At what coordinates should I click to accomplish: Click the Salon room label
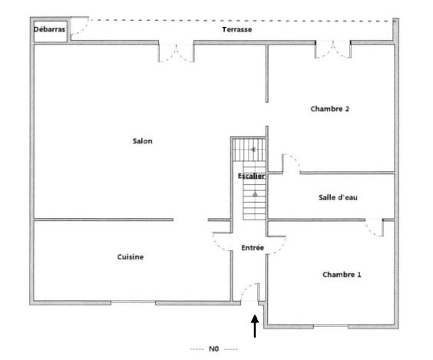click(x=142, y=140)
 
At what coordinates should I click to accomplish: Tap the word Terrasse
click(x=237, y=29)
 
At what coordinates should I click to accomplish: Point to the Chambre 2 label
click(x=329, y=109)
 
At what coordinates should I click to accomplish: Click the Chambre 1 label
click(x=342, y=274)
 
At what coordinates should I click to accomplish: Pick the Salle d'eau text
click(x=338, y=197)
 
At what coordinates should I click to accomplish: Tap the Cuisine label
click(x=131, y=256)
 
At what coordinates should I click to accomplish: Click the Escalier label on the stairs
click(x=251, y=177)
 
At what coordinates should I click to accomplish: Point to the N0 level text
click(x=213, y=348)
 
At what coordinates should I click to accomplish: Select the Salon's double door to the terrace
click(x=176, y=52)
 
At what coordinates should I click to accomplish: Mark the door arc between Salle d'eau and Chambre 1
click(x=374, y=228)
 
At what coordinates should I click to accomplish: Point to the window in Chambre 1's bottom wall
click(x=337, y=326)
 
